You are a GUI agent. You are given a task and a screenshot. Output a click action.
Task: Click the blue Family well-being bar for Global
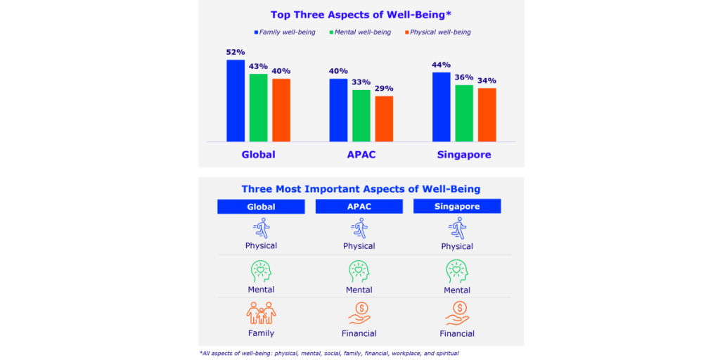point(236,101)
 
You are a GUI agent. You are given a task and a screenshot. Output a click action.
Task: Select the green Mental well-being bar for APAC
point(361,115)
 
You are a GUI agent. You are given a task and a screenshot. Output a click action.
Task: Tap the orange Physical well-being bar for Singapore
point(487,115)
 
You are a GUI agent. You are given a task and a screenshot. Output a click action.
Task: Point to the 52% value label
point(236,52)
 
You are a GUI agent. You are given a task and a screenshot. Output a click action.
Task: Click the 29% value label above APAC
point(384,89)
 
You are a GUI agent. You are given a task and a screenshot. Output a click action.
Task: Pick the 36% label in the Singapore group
point(464,77)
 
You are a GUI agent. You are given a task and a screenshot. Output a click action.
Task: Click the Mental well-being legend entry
point(363,32)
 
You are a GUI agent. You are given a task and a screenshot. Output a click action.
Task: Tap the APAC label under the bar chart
point(361,155)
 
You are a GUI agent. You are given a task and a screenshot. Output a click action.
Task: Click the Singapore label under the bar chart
point(463,155)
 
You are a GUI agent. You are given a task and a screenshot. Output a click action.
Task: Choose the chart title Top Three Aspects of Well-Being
point(360,14)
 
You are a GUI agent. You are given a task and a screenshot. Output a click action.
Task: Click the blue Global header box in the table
point(261,207)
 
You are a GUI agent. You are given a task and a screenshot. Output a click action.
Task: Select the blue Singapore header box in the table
point(457,207)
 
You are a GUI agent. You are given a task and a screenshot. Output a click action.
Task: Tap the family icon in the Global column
point(261,313)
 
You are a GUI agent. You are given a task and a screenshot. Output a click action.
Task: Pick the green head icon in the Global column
point(261,271)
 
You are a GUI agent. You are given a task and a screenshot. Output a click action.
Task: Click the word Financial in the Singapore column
point(457,333)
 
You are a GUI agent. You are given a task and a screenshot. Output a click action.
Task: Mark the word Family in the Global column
point(261,333)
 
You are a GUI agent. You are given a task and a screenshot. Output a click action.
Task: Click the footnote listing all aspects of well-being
point(329,353)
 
